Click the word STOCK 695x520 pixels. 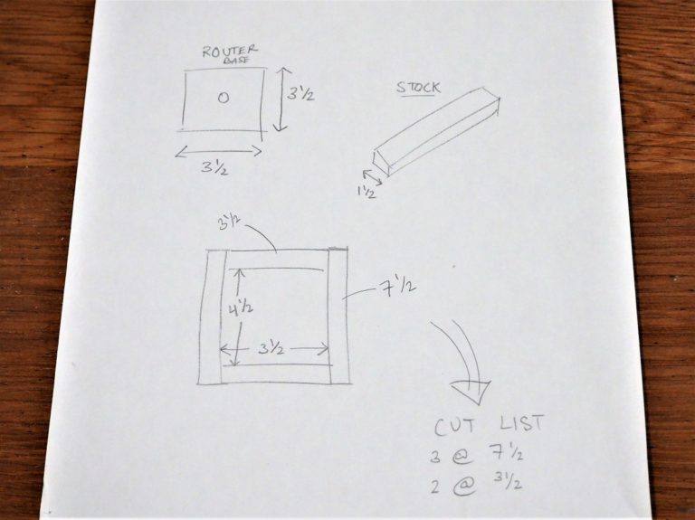point(418,88)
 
